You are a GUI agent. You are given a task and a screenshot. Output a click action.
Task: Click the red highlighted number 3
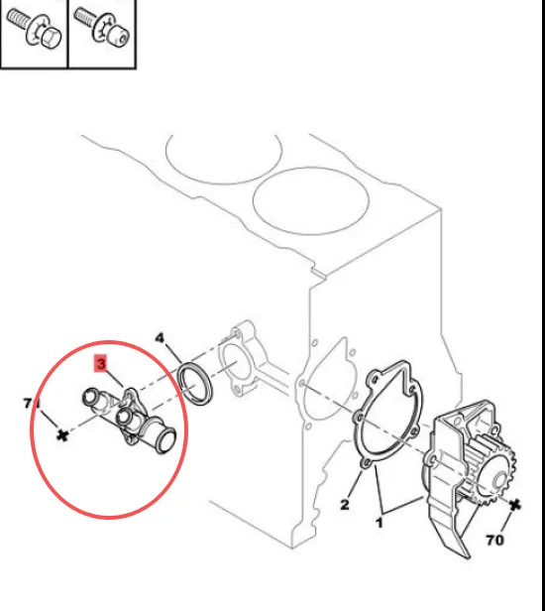point(100,364)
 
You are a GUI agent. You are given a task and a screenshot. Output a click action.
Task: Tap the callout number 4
point(161,338)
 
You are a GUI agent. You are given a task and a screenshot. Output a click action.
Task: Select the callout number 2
point(344,505)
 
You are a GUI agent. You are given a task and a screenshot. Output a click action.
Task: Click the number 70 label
point(494,541)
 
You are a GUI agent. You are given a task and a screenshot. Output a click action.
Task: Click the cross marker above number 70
point(515,505)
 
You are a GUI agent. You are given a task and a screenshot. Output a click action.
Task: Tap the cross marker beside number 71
point(62,435)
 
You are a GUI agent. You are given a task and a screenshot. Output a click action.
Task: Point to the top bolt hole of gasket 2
point(376,378)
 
